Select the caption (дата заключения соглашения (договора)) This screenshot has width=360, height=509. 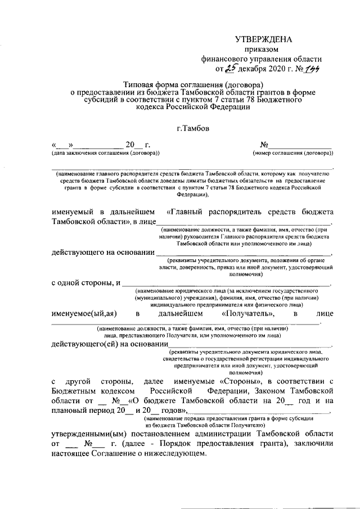[x=106, y=153]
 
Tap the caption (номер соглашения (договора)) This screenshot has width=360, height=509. [x=292, y=153]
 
